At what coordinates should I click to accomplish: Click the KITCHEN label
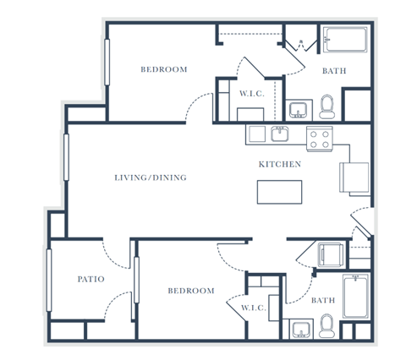pos(280,164)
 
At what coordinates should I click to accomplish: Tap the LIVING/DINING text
pos(151,177)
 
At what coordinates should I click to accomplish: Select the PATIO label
pos(91,279)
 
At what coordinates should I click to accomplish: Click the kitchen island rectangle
pos(279,192)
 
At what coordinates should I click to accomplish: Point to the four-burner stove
pos(320,139)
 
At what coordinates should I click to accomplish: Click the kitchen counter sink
pos(280,134)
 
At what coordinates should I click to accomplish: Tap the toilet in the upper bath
pos(327,106)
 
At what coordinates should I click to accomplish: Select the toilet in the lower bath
pos(327,326)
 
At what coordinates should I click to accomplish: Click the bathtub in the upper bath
pos(345,40)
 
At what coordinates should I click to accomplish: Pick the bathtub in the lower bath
pos(356,297)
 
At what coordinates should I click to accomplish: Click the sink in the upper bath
pos(299,111)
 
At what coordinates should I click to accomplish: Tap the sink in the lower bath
pos(301,330)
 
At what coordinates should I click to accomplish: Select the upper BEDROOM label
pos(164,69)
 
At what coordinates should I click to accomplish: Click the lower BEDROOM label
pos(191,291)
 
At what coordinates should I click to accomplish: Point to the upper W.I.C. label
pos(252,94)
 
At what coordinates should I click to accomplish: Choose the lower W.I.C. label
pos(254,308)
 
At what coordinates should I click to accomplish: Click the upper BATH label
pos(334,71)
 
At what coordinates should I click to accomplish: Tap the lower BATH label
pos(323,300)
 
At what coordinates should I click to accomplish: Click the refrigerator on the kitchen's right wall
pos(354,177)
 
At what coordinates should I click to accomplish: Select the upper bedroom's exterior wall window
pos(107,63)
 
